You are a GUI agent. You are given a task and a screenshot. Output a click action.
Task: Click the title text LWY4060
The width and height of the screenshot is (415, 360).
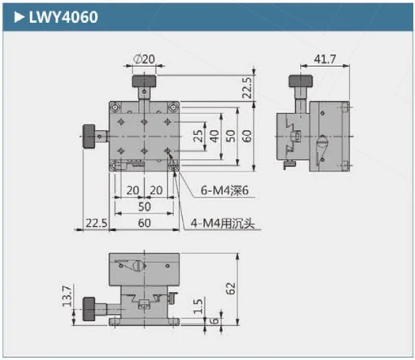(63, 17)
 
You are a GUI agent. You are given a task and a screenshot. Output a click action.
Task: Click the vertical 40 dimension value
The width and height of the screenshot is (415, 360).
(214, 135)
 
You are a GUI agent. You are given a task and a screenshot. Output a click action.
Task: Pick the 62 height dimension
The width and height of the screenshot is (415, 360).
(231, 288)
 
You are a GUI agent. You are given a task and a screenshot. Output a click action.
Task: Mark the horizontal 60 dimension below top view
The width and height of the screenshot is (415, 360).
(144, 223)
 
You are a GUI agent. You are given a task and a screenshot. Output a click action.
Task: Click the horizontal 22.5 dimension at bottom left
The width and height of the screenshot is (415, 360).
(96, 223)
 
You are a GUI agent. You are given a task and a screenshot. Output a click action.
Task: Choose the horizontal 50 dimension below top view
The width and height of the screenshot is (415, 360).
(144, 207)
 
